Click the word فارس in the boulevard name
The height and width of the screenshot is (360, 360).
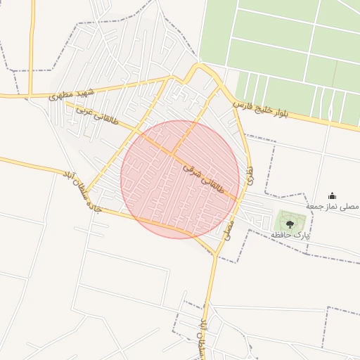click(242, 106)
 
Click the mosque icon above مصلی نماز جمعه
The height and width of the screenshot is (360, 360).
click(332, 196)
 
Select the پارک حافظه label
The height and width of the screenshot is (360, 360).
click(290, 234)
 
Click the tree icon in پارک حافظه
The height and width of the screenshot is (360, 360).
click(290, 224)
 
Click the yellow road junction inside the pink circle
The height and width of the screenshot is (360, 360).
click(173, 154)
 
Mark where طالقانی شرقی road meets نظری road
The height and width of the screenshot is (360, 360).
click(239, 200)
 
